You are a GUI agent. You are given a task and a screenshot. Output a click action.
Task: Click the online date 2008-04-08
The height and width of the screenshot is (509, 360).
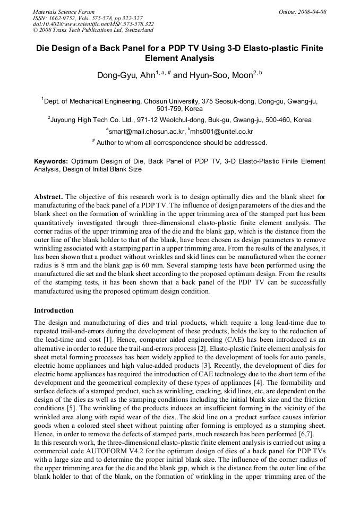coord(312,12)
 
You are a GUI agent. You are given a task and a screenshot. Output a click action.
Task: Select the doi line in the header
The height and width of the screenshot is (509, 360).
coord(93,24)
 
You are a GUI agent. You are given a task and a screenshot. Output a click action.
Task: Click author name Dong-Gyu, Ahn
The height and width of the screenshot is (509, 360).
coord(126,75)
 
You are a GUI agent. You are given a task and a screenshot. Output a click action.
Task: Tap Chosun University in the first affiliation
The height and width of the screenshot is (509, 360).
coord(173,100)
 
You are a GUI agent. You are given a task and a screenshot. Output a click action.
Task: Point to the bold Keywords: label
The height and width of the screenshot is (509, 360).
coord(51,161)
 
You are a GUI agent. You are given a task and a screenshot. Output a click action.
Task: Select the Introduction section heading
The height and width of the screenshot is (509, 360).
coord(54,310)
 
